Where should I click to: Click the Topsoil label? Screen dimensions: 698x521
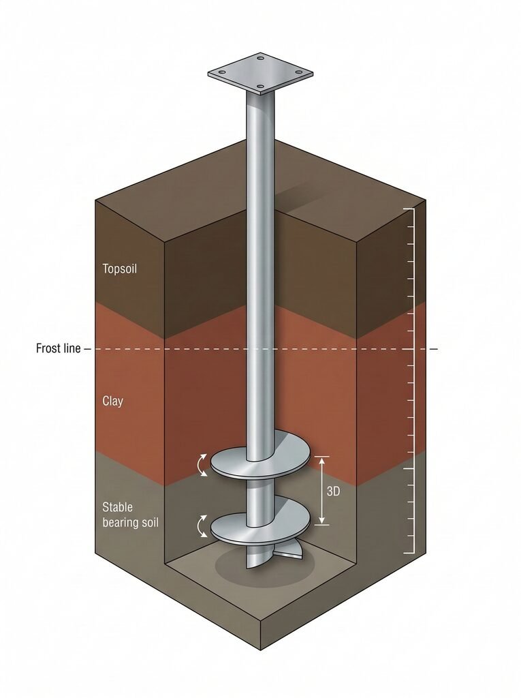pyautogui.click(x=120, y=269)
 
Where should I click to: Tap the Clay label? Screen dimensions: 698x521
pyautogui.click(x=112, y=401)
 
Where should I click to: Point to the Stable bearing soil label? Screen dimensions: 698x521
pyautogui.click(x=129, y=515)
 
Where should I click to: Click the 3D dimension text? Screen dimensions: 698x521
pyautogui.click(x=333, y=491)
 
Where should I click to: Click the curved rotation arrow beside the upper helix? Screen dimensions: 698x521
pyautogui.click(x=202, y=465)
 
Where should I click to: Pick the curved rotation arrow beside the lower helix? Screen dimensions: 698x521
pyautogui.click(x=202, y=526)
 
